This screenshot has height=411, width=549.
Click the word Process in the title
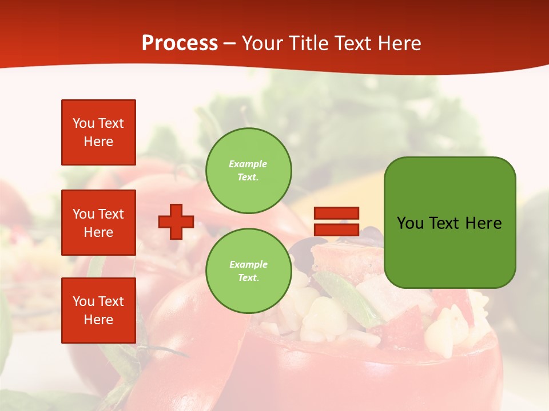(180, 43)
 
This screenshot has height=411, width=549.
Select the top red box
(98, 132)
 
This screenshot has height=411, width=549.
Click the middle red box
(98, 223)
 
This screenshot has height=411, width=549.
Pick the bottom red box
(98, 310)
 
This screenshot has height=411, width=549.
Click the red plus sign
(176, 221)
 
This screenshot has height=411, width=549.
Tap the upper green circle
(248, 170)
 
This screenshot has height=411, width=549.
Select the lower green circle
(248, 271)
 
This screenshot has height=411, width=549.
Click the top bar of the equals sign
(336, 213)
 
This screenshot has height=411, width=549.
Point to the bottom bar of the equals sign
(336, 229)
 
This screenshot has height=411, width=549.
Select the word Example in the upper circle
(248, 164)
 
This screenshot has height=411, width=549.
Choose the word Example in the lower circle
(248, 264)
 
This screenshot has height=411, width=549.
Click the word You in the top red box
(83, 123)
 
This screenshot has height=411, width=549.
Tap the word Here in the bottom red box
(98, 320)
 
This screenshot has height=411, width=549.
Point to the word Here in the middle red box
(98, 232)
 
